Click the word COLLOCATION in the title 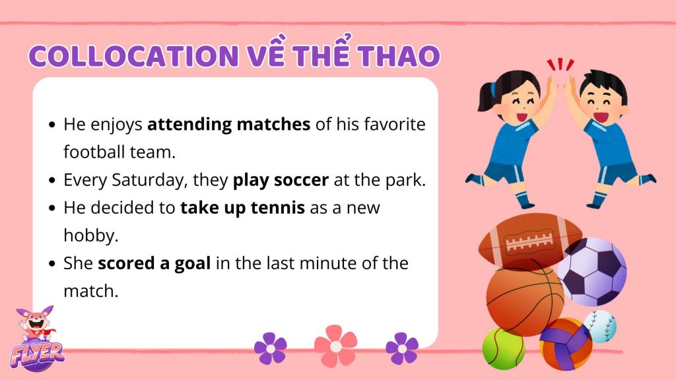[x=134, y=55]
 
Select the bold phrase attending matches [x=229, y=125]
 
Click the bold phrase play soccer [x=281, y=180]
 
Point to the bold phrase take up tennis [x=243, y=208]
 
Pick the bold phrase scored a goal [x=154, y=264]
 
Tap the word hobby [x=90, y=236]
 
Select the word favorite [x=395, y=125]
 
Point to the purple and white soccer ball [x=592, y=272]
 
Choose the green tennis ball [x=503, y=348]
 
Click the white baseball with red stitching [x=600, y=326]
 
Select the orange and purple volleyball [x=566, y=344]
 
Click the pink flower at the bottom [x=336, y=346]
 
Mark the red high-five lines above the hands [x=560, y=65]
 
